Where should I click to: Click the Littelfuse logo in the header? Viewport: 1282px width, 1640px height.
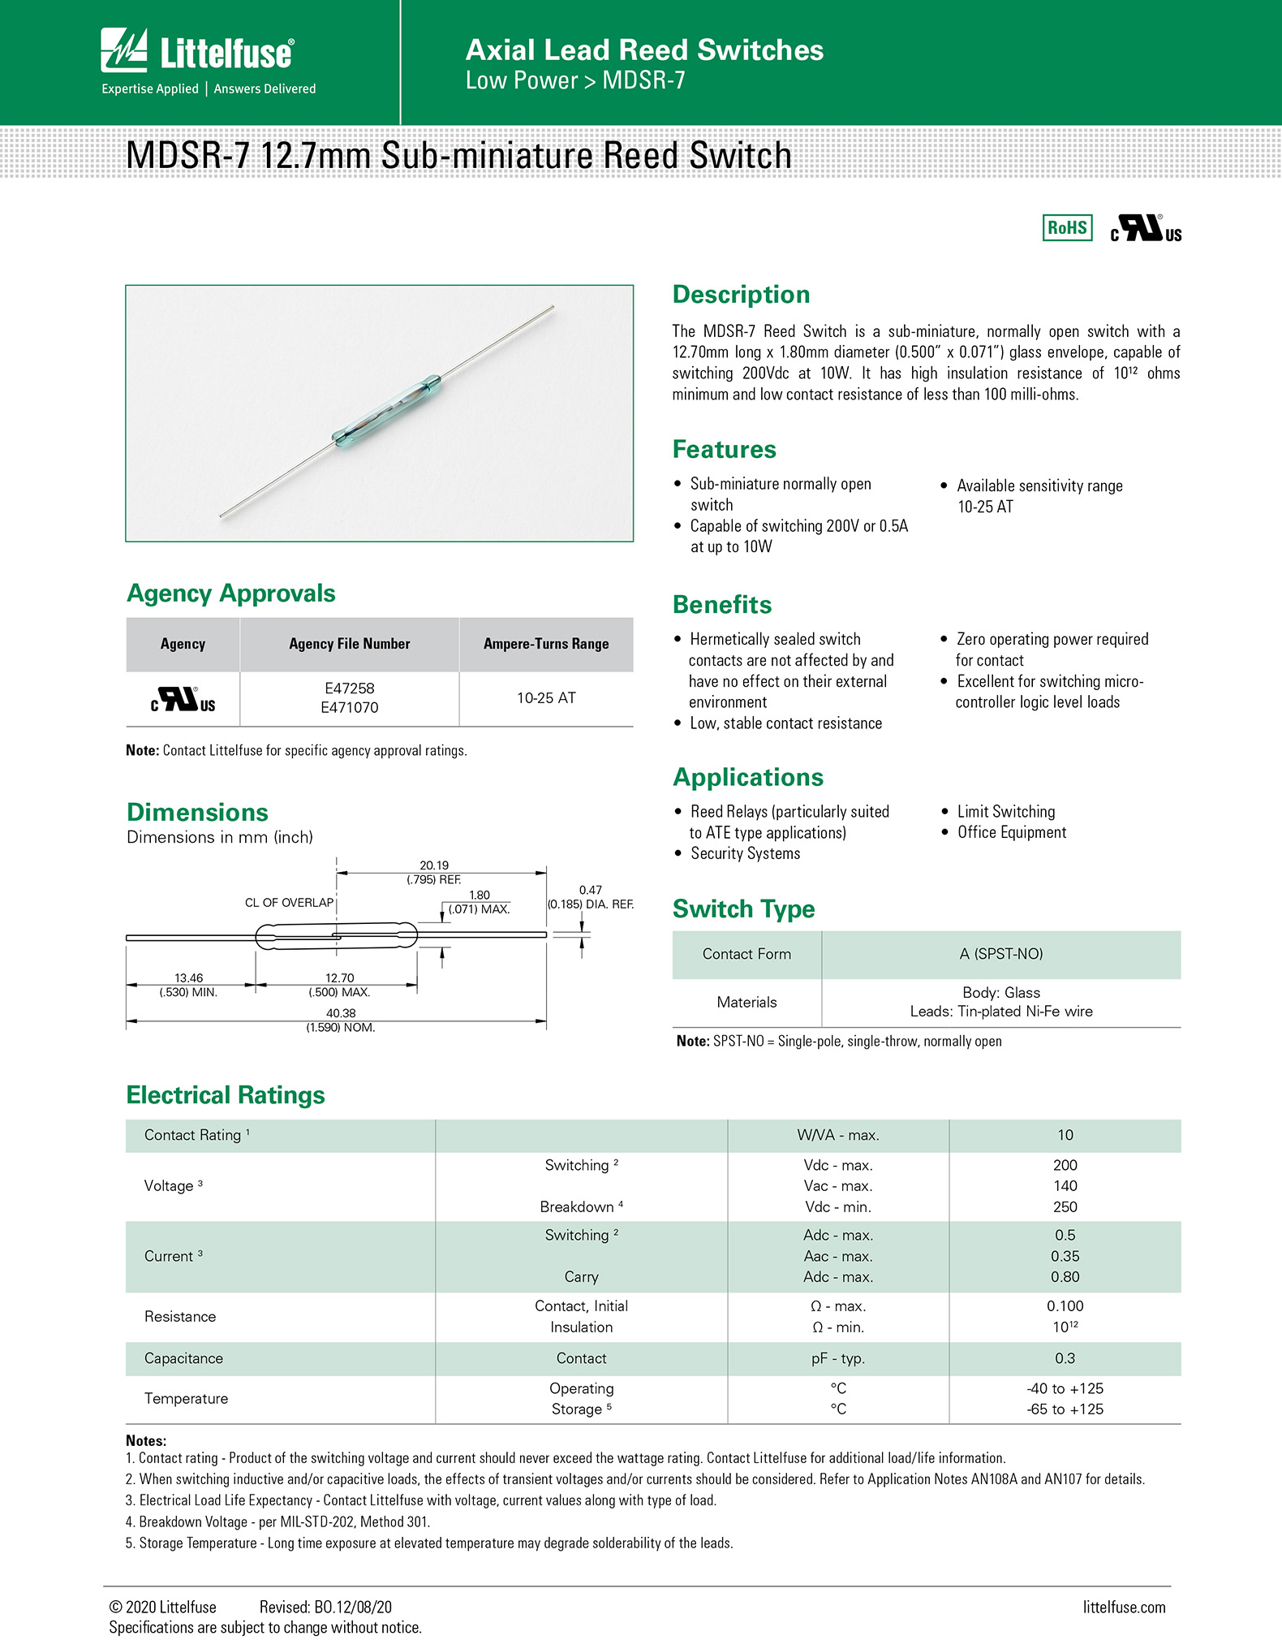pyautogui.click(x=197, y=52)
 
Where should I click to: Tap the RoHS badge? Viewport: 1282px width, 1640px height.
pyautogui.click(x=1067, y=228)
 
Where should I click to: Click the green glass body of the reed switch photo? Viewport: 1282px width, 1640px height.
pyautogui.click(x=386, y=410)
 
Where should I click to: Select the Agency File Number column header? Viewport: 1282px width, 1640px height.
pyautogui.click(x=349, y=644)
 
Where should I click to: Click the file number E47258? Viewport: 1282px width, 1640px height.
pyautogui.click(x=349, y=688)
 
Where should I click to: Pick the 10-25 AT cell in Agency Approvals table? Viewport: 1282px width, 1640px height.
pyautogui.click(x=546, y=698)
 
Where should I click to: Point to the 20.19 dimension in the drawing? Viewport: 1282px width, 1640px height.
pyautogui.click(x=434, y=865)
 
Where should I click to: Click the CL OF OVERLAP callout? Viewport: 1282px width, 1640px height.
pyautogui.click(x=289, y=903)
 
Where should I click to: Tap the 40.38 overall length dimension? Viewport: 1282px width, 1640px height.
pyautogui.click(x=341, y=1013)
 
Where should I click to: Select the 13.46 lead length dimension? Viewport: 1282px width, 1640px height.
pyautogui.click(x=188, y=978)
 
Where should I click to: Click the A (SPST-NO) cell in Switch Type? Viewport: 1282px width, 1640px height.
pyautogui.click(x=1000, y=954)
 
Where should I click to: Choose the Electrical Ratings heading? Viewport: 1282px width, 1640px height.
pyautogui.click(x=226, y=1095)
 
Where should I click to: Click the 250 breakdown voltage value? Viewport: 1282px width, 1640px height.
pyautogui.click(x=1065, y=1207)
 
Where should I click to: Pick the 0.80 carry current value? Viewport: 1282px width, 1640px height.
pyautogui.click(x=1065, y=1277)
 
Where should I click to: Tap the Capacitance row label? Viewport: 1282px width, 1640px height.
pyautogui.click(x=183, y=1358)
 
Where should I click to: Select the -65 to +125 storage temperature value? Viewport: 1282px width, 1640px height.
pyautogui.click(x=1065, y=1409)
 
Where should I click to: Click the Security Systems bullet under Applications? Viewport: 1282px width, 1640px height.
pyautogui.click(x=745, y=853)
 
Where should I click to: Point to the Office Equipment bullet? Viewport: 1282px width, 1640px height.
pyautogui.click(x=1011, y=832)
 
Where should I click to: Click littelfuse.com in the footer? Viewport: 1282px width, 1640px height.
pyautogui.click(x=1124, y=1608)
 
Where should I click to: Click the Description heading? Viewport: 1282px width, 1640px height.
pyautogui.click(x=741, y=295)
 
